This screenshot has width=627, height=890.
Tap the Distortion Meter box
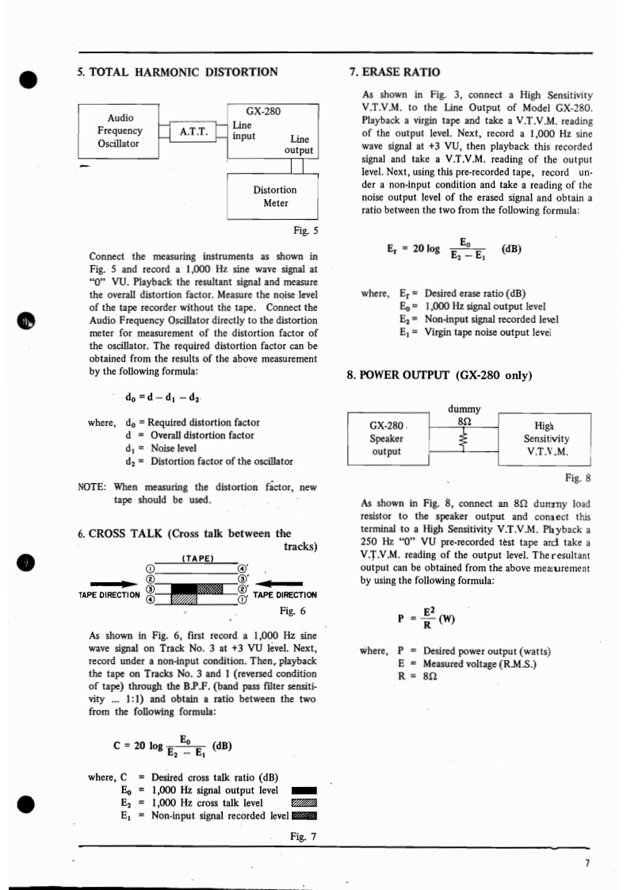pos(275,197)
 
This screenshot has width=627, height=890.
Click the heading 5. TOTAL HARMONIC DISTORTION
pos(178,72)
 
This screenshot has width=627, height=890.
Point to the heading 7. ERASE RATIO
pos(396,72)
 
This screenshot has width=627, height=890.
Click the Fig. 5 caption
pos(305,232)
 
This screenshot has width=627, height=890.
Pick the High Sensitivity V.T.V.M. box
pos(544,438)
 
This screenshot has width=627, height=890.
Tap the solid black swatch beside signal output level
pos(304,791)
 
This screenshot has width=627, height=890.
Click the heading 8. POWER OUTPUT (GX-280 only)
pos(440,374)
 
